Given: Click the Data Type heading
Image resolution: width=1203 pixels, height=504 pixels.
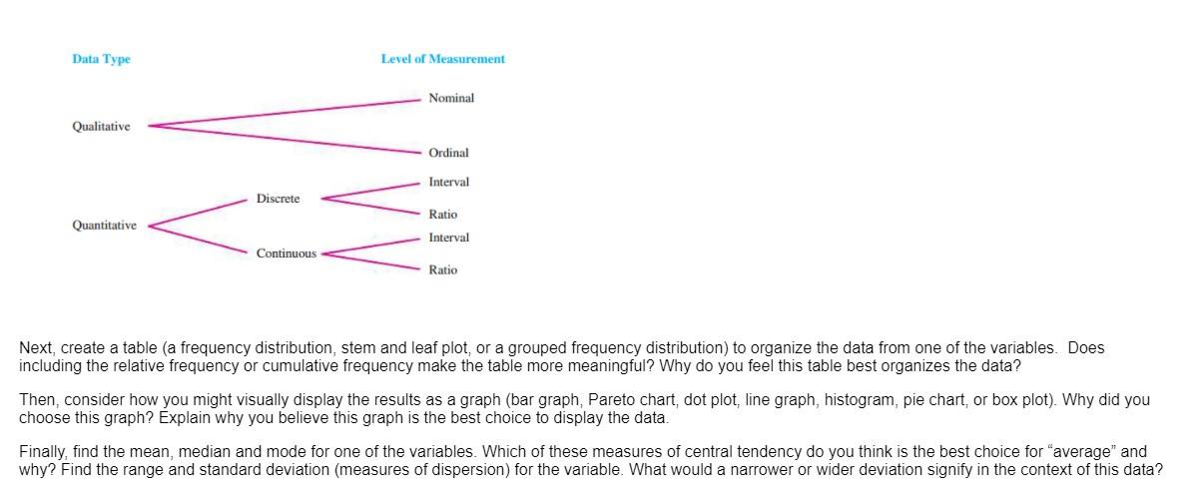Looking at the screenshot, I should [x=101, y=59].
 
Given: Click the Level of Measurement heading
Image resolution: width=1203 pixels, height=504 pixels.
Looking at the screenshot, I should [x=442, y=59].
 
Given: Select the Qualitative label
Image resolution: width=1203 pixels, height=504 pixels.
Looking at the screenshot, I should [x=101, y=127].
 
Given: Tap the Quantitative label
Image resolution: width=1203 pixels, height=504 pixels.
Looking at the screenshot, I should [x=104, y=226].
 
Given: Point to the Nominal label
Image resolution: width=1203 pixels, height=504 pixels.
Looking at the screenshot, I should [x=451, y=98].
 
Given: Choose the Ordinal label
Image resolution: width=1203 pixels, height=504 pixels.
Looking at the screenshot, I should [x=448, y=153].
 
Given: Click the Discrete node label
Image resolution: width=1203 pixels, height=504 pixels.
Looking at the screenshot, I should [x=278, y=199].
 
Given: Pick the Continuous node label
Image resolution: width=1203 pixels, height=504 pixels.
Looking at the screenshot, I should [x=286, y=253].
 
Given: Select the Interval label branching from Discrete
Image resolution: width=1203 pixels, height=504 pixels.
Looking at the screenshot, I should [x=448, y=182].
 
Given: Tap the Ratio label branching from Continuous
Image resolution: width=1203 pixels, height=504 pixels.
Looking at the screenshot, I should [x=443, y=269].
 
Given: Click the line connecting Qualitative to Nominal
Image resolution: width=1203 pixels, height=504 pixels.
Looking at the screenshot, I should [x=285, y=113].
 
